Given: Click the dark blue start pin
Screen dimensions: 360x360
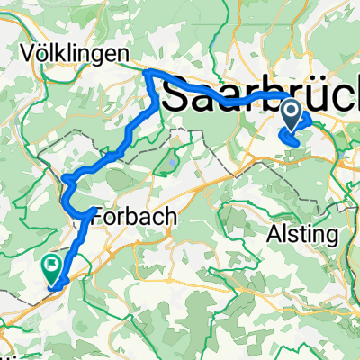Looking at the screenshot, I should tap(292, 113).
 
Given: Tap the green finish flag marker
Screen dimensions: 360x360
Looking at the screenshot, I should tap(51, 265).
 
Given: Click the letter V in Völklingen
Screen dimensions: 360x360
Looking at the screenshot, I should tap(27, 54).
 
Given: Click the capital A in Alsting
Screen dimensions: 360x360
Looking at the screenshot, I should tap(275, 235).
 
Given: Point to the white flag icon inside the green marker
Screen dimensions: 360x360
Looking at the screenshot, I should tap(51, 265).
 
